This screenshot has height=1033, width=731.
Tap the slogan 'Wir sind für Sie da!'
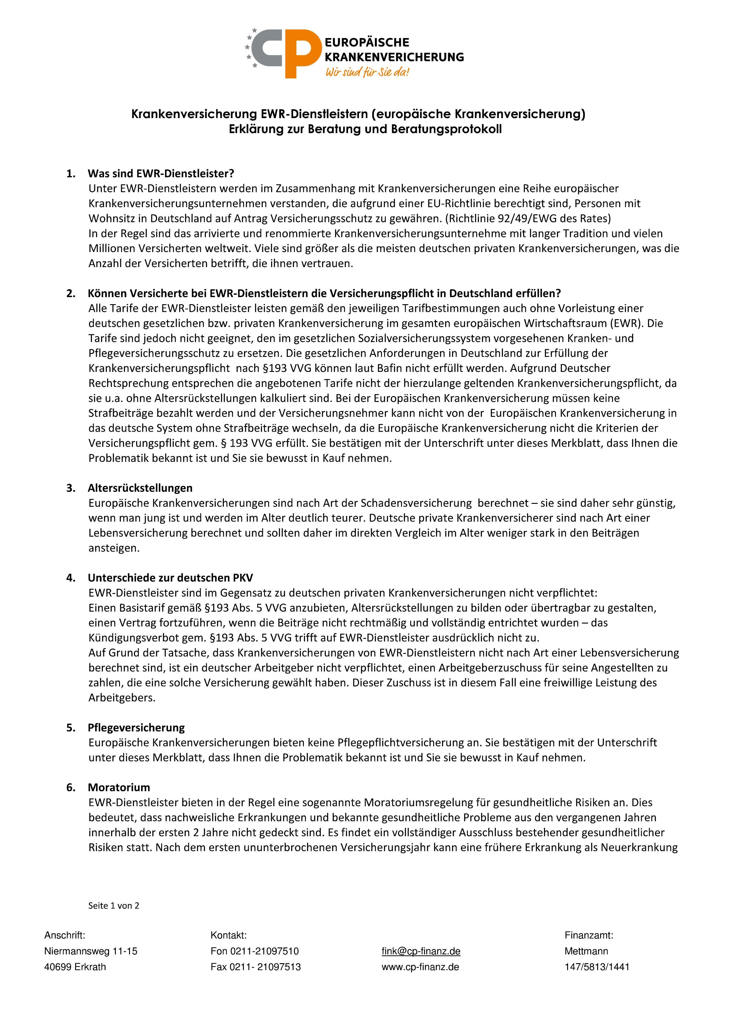pos(367,72)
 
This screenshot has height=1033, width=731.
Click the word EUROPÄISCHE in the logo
pos(367,42)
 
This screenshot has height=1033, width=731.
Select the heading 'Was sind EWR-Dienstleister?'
pos(161,173)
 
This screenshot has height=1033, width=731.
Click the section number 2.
pos(71,293)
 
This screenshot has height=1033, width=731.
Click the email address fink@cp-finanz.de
pos(421,951)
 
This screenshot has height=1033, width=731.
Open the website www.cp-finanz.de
pos(420,967)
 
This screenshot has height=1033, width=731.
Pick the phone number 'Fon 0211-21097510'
pos(254,951)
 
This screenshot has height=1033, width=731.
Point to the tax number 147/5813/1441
pos(597,967)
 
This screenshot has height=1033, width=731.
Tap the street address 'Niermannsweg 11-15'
pos(90,951)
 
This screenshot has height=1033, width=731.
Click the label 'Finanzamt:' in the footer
pos(589,935)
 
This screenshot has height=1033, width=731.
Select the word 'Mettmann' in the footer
pos(586,951)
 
